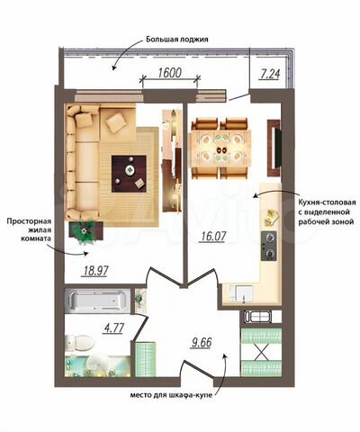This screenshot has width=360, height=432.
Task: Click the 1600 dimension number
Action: [x=169, y=74]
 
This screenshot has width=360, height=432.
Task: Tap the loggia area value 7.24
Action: [x=269, y=75]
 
